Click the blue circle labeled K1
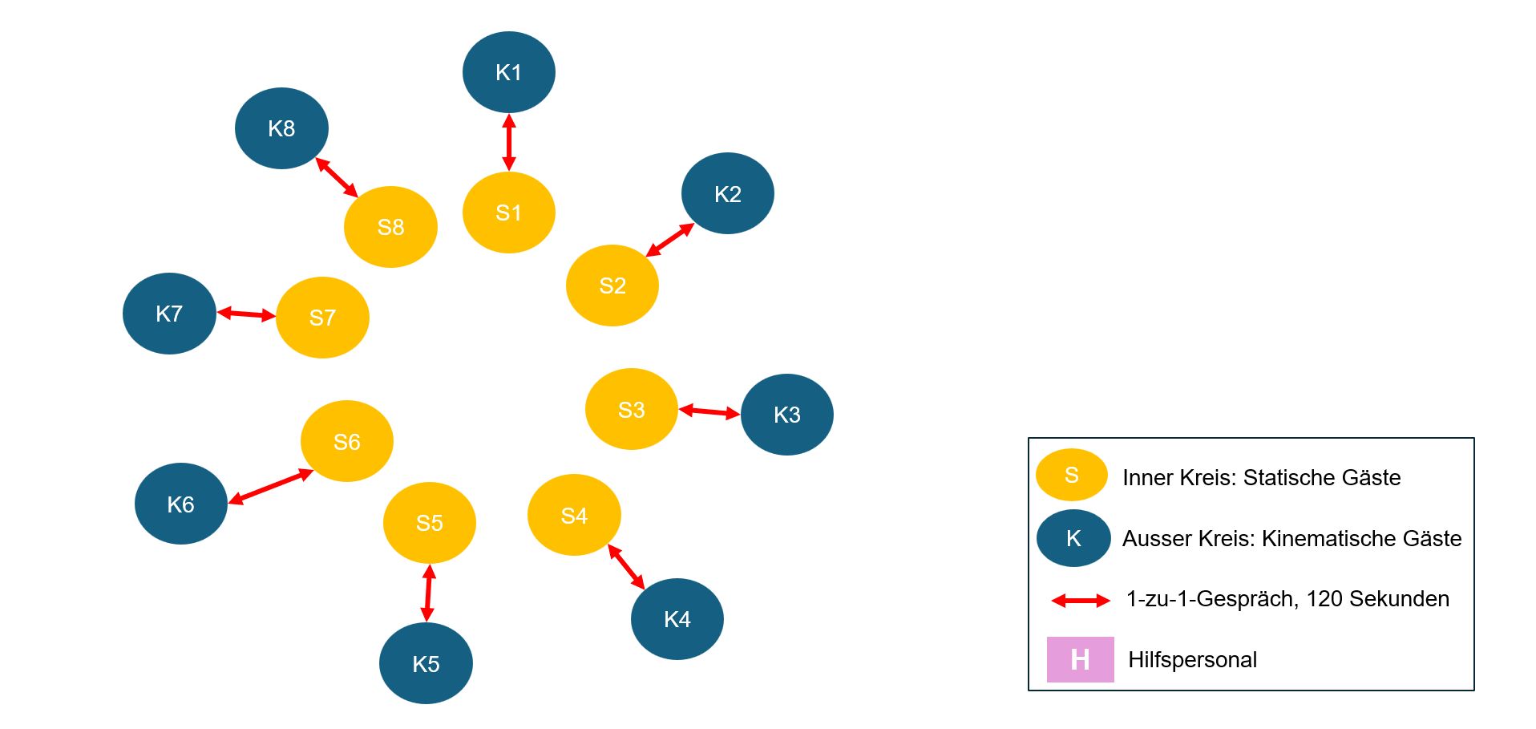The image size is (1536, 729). [x=508, y=72]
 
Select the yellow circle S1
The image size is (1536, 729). [x=508, y=213]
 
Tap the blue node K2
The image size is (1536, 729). [x=727, y=193]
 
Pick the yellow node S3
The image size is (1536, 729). [x=631, y=409]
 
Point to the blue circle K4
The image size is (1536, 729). [x=677, y=618]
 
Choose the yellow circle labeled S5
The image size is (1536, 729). [x=429, y=523]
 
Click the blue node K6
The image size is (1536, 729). [x=180, y=504]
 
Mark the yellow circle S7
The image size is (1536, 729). [x=322, y=318]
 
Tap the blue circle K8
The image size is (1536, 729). [x=281, y=128]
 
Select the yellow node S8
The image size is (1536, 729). [x=390, y=227]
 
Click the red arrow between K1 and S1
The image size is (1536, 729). [x=508, y=143]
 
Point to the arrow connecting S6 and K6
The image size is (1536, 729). [x=270, y=487]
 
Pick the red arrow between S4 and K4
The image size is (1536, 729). [x=626, y=567]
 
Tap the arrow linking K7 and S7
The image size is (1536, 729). [x=246, y=314]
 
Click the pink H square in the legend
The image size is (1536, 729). [x=1080, y=659]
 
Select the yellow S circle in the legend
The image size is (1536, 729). [x=1071, y=475]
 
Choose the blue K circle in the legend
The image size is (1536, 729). [x=1073, y=538]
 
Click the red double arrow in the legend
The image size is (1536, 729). [x=1081, y=600]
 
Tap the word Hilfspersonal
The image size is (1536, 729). [x=1192, y=660]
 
